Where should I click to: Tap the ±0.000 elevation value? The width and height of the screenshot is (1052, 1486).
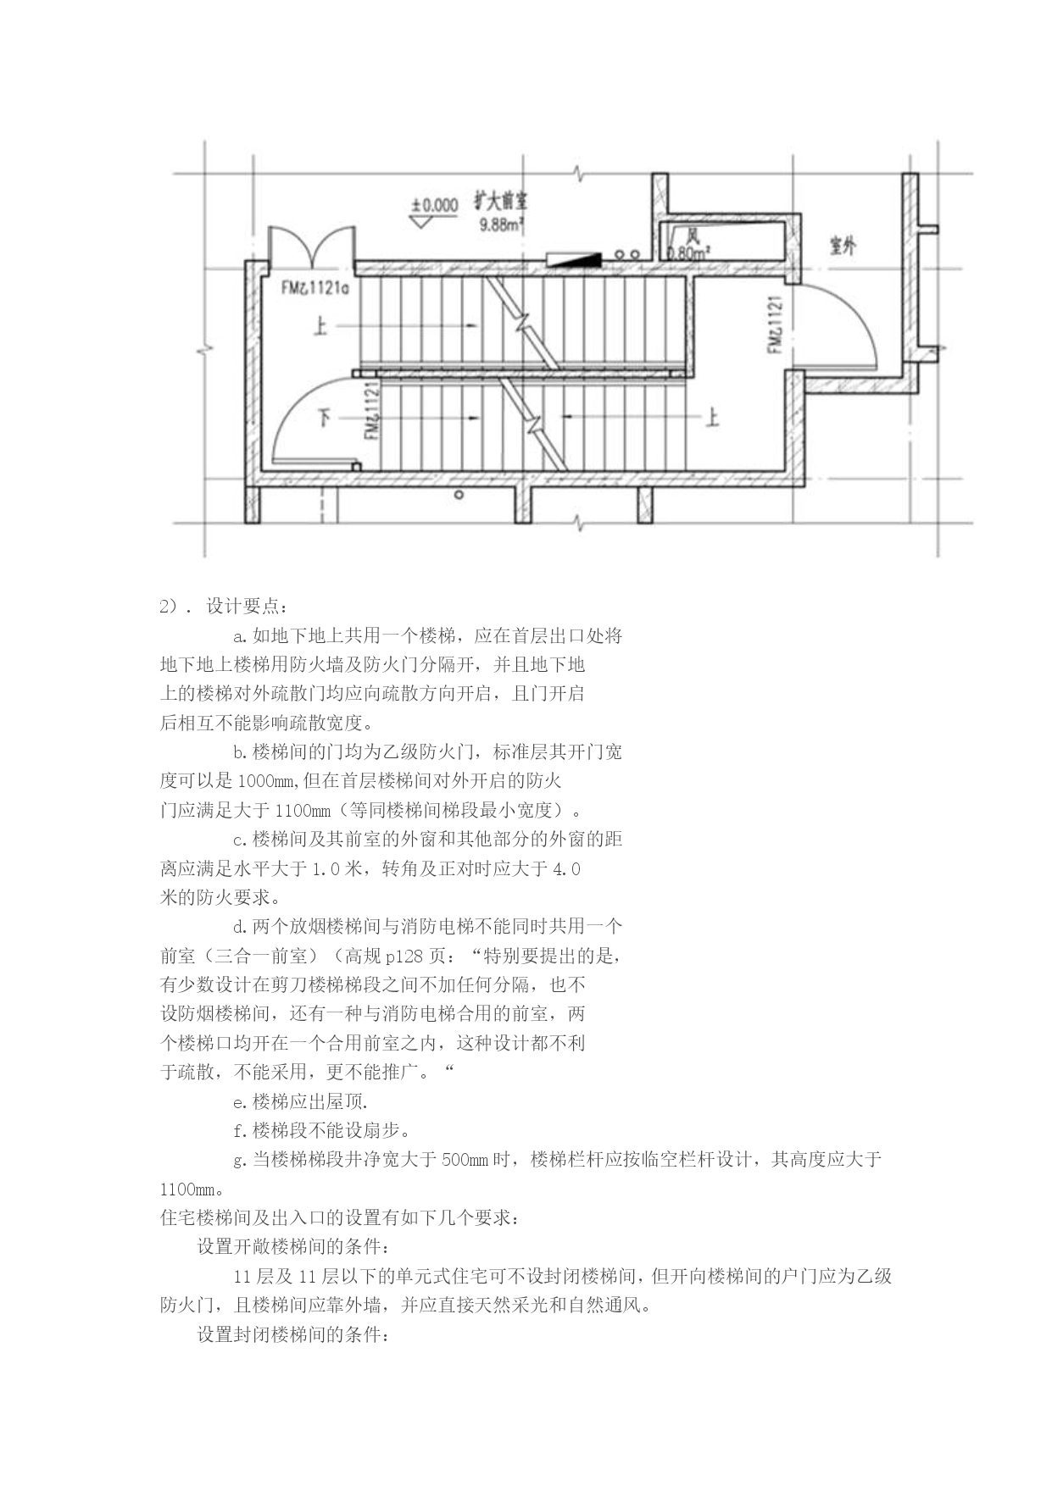coord(435,205)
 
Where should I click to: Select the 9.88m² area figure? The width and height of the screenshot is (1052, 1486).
coord(501,225)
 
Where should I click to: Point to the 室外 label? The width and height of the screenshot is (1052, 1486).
coord(843,246)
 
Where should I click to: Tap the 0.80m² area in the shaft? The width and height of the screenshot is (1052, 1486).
coord(689,252)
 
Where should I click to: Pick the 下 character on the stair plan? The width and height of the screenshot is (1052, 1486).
coord(325,417)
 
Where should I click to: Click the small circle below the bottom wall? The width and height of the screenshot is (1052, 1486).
coord(459,495)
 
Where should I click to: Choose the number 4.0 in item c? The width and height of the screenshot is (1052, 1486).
coord(566,869)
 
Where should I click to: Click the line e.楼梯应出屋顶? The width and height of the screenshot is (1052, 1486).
coord(300,1102)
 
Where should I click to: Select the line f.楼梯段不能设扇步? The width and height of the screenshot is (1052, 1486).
coord(323,1131)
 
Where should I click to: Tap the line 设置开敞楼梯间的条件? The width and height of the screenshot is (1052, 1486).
coord(294,1247)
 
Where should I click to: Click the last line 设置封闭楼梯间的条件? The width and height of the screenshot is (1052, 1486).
coord(294,1334)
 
